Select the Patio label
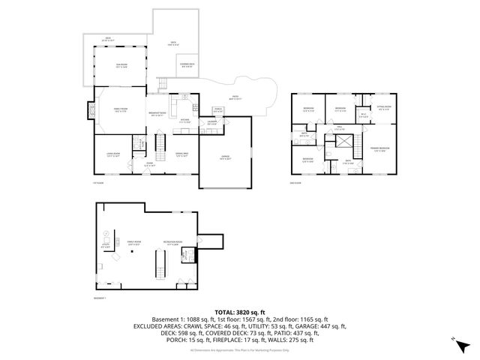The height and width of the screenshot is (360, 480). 235,97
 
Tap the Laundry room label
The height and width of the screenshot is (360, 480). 212,122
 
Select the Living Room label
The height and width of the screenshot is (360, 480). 113,155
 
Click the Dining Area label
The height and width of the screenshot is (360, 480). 182,155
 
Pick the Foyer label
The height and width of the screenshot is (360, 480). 149,163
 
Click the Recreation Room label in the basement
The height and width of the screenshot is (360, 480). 172,242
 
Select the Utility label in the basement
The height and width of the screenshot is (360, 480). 105,244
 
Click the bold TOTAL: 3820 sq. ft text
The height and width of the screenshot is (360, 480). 240,311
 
